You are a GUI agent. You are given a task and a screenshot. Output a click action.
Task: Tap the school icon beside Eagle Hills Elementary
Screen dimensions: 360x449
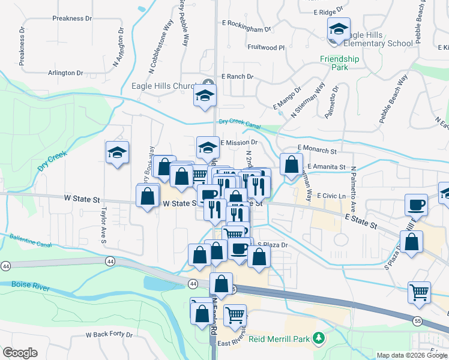pos(339,30)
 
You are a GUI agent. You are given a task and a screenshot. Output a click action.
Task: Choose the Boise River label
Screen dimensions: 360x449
pos(29,287)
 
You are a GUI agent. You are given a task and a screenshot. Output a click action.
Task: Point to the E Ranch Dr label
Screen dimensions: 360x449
pos(238,77)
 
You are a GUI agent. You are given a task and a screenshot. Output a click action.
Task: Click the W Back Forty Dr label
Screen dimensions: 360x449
pos(109,334)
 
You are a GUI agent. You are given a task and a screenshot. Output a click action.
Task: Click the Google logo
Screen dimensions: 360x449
pos(19,353)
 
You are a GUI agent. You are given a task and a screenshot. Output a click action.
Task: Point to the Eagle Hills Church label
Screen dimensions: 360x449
pos(167,86)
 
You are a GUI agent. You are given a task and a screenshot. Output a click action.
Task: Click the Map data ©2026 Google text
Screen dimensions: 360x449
pos(412,355)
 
